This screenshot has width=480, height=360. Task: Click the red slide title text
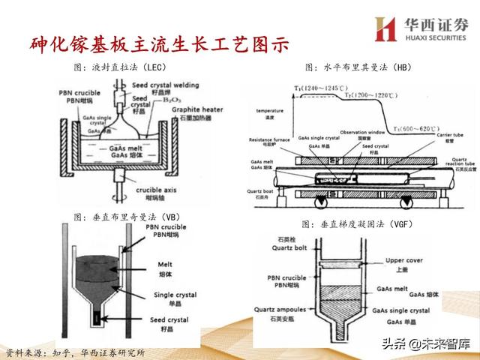[154, 44]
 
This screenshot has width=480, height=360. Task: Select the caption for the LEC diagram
[120, 67]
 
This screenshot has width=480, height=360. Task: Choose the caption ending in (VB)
[123, 216]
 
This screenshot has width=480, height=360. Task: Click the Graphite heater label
[196, 110]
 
